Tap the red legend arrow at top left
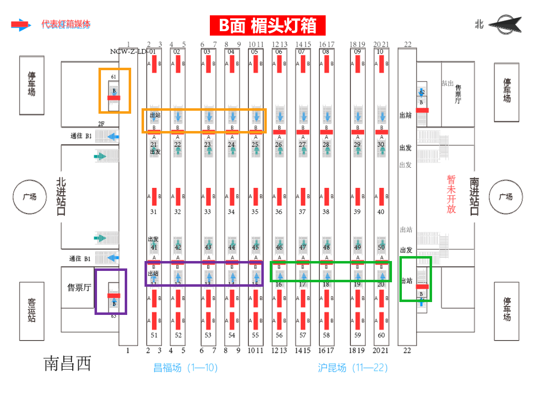coord(21,25)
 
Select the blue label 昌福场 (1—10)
coord(185,368)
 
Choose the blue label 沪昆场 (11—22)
coord(352,368)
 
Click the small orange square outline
coord(115,90)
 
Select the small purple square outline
coord(111,292)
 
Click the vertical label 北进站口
coord(62,197)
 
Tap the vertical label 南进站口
coord(474,197)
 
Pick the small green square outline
coord(416,279)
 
